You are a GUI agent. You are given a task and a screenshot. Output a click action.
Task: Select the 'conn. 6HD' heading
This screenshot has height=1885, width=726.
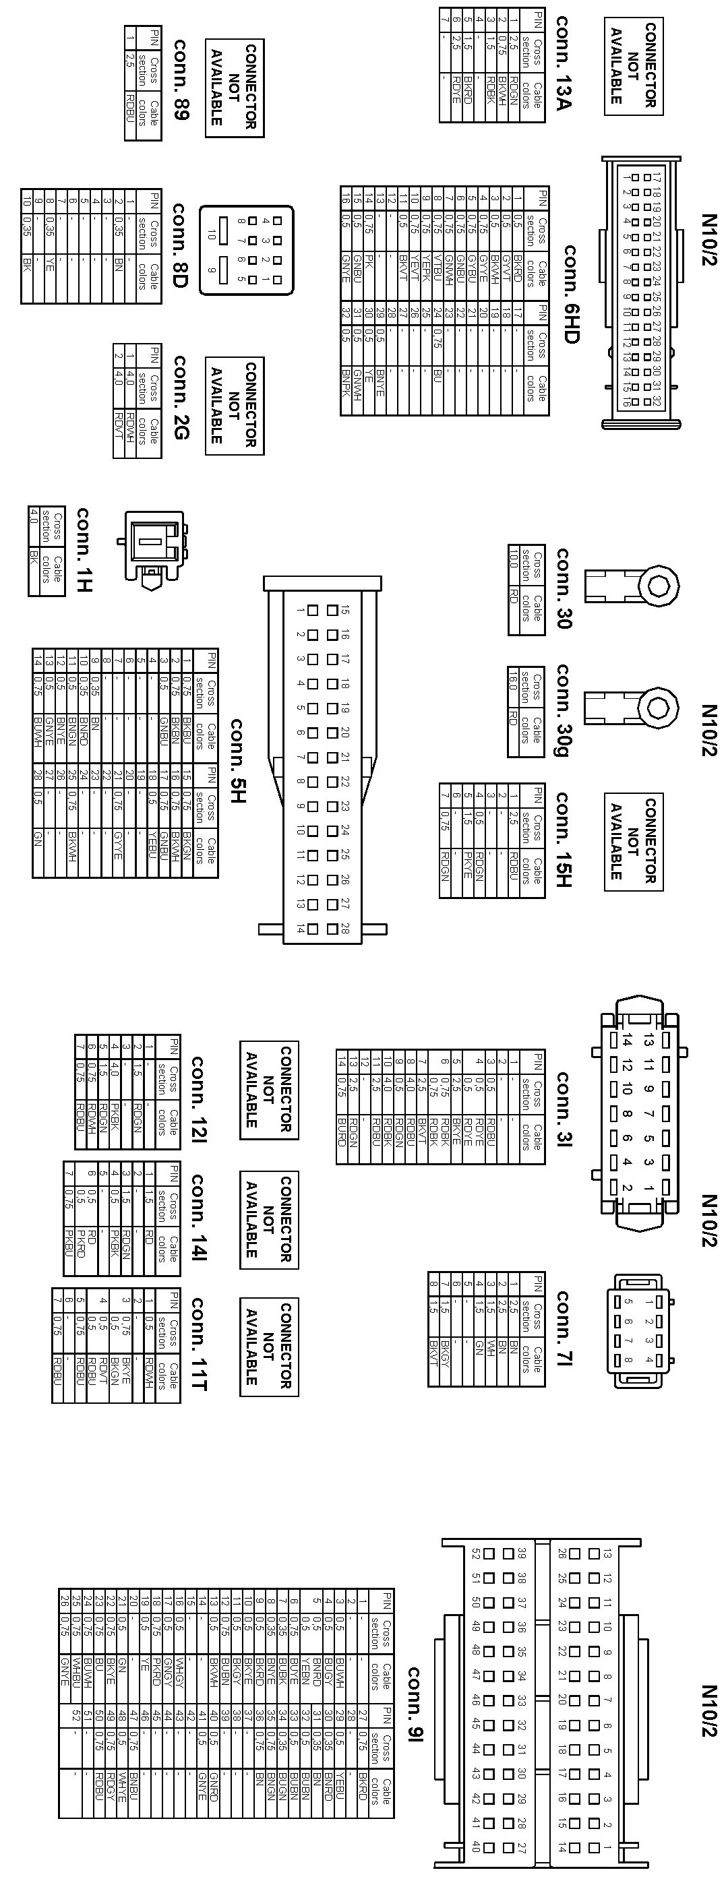click(570, 293)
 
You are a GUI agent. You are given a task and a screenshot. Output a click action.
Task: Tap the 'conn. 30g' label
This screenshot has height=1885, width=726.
click(563, 710)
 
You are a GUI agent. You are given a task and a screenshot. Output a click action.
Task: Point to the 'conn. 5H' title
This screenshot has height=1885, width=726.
click(237, 761)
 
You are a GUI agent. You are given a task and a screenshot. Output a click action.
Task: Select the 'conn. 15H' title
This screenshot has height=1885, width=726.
click(563, 838)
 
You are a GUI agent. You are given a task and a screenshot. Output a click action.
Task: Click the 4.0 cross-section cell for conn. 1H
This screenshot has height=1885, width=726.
click(34, 526)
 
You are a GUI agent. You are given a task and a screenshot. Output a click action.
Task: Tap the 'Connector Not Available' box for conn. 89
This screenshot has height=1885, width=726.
click(233, 88)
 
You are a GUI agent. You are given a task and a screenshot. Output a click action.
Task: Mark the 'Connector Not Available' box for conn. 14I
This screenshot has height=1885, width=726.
click(268, 1219)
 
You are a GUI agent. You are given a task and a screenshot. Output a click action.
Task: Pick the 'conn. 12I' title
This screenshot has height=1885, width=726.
click(199, 1098)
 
